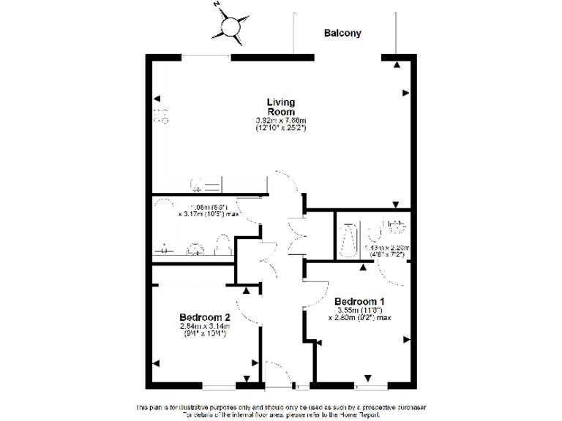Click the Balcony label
coord(343,33)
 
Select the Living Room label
coord(280,107)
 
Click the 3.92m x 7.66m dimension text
coord(280,121)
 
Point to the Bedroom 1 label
coord(359,301)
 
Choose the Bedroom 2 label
coord(205,317)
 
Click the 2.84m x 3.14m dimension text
coord(205,327)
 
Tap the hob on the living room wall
coord(161,116)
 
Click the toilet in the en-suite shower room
coord(375,232)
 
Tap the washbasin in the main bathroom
coord(196,249)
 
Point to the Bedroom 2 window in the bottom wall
coord(220,384)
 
